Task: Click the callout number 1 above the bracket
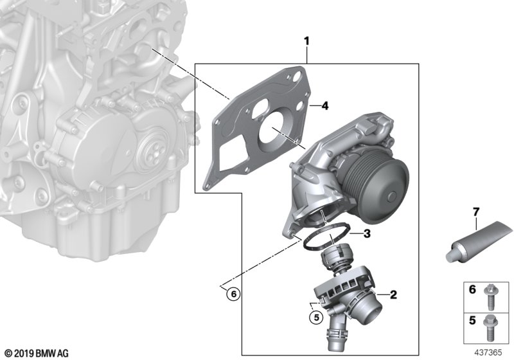pyautogui.click(x=307, y=42)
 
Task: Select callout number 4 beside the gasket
pyautogui.click(x=325, y=106)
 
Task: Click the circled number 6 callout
pyautogui.click(x=233, y=294)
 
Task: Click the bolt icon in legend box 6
pyautogui.click(x=495, y=296)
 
